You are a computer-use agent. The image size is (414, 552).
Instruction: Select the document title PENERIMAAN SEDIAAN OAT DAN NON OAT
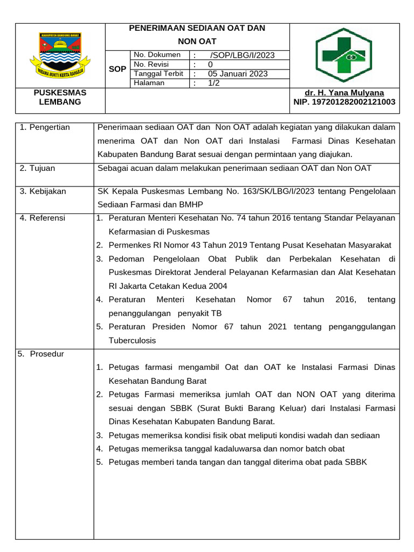point(197,34)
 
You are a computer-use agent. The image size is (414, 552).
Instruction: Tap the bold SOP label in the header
point(118,69)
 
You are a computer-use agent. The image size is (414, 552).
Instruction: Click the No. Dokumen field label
point(157,55)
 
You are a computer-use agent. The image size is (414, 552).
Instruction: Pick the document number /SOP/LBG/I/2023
point(242,55)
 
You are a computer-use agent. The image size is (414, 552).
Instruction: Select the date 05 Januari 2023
point(238,74)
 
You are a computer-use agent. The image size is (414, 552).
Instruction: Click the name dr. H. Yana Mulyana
point(344,93)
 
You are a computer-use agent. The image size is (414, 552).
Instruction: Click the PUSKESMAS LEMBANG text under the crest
point(60,97)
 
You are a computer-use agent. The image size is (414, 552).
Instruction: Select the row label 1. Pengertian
point(45,127)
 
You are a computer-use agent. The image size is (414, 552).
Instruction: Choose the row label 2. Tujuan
point(37,168)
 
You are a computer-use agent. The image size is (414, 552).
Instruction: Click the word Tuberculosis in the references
point(132,340)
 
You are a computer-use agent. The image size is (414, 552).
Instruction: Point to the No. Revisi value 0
point(210,65)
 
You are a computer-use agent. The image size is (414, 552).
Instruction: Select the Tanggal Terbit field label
point(158,74)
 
